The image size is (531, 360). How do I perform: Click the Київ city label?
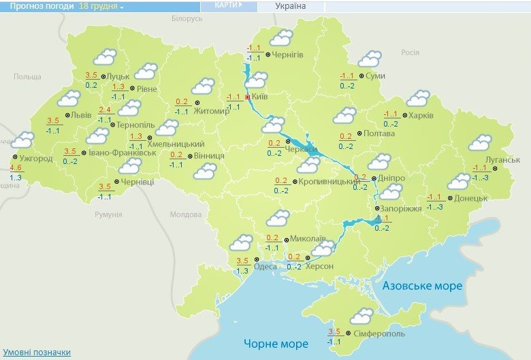pyautogui.click(x=260, y=97)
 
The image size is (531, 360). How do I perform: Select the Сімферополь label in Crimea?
pyautogui.click(x=379, y=333)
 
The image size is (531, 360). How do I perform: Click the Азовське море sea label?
pyautogui.click(x=422, y=286)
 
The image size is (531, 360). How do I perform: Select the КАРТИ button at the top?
pyautogui.click(x=227, y=5)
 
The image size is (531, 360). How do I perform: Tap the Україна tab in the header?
pyautogui.click(x=291, y=6)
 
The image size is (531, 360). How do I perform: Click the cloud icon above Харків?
pyautogui.click(x=417, y=99)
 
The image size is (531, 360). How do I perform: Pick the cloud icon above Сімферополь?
pyautogui.click(x=361, y=316)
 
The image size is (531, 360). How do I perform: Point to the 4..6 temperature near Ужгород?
pyautogui.click(x=16, y=167)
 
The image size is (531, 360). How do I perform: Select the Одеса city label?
pyautogui.click(x=265, y=266)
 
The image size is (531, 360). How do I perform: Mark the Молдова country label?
pyautogui.click(x=185, y=214)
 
